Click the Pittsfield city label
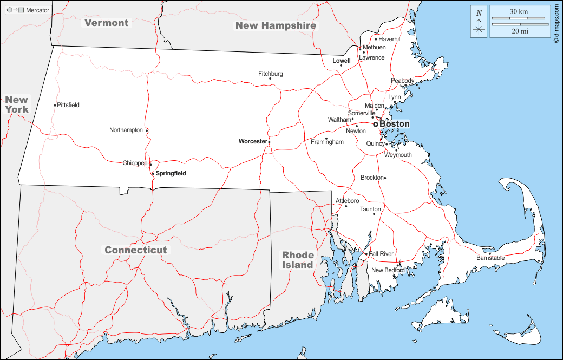68,105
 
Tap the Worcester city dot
269,142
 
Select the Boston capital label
394,124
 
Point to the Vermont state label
107,23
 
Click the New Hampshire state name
276,25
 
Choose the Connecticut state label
136,250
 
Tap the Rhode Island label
298,260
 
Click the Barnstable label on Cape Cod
490,258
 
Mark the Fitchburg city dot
270,78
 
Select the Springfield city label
171,173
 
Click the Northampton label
126,130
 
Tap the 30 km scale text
519,11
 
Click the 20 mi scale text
519,31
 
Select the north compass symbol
479,22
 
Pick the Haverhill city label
390,39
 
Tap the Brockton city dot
385,178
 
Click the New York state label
17,104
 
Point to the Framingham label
327,142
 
